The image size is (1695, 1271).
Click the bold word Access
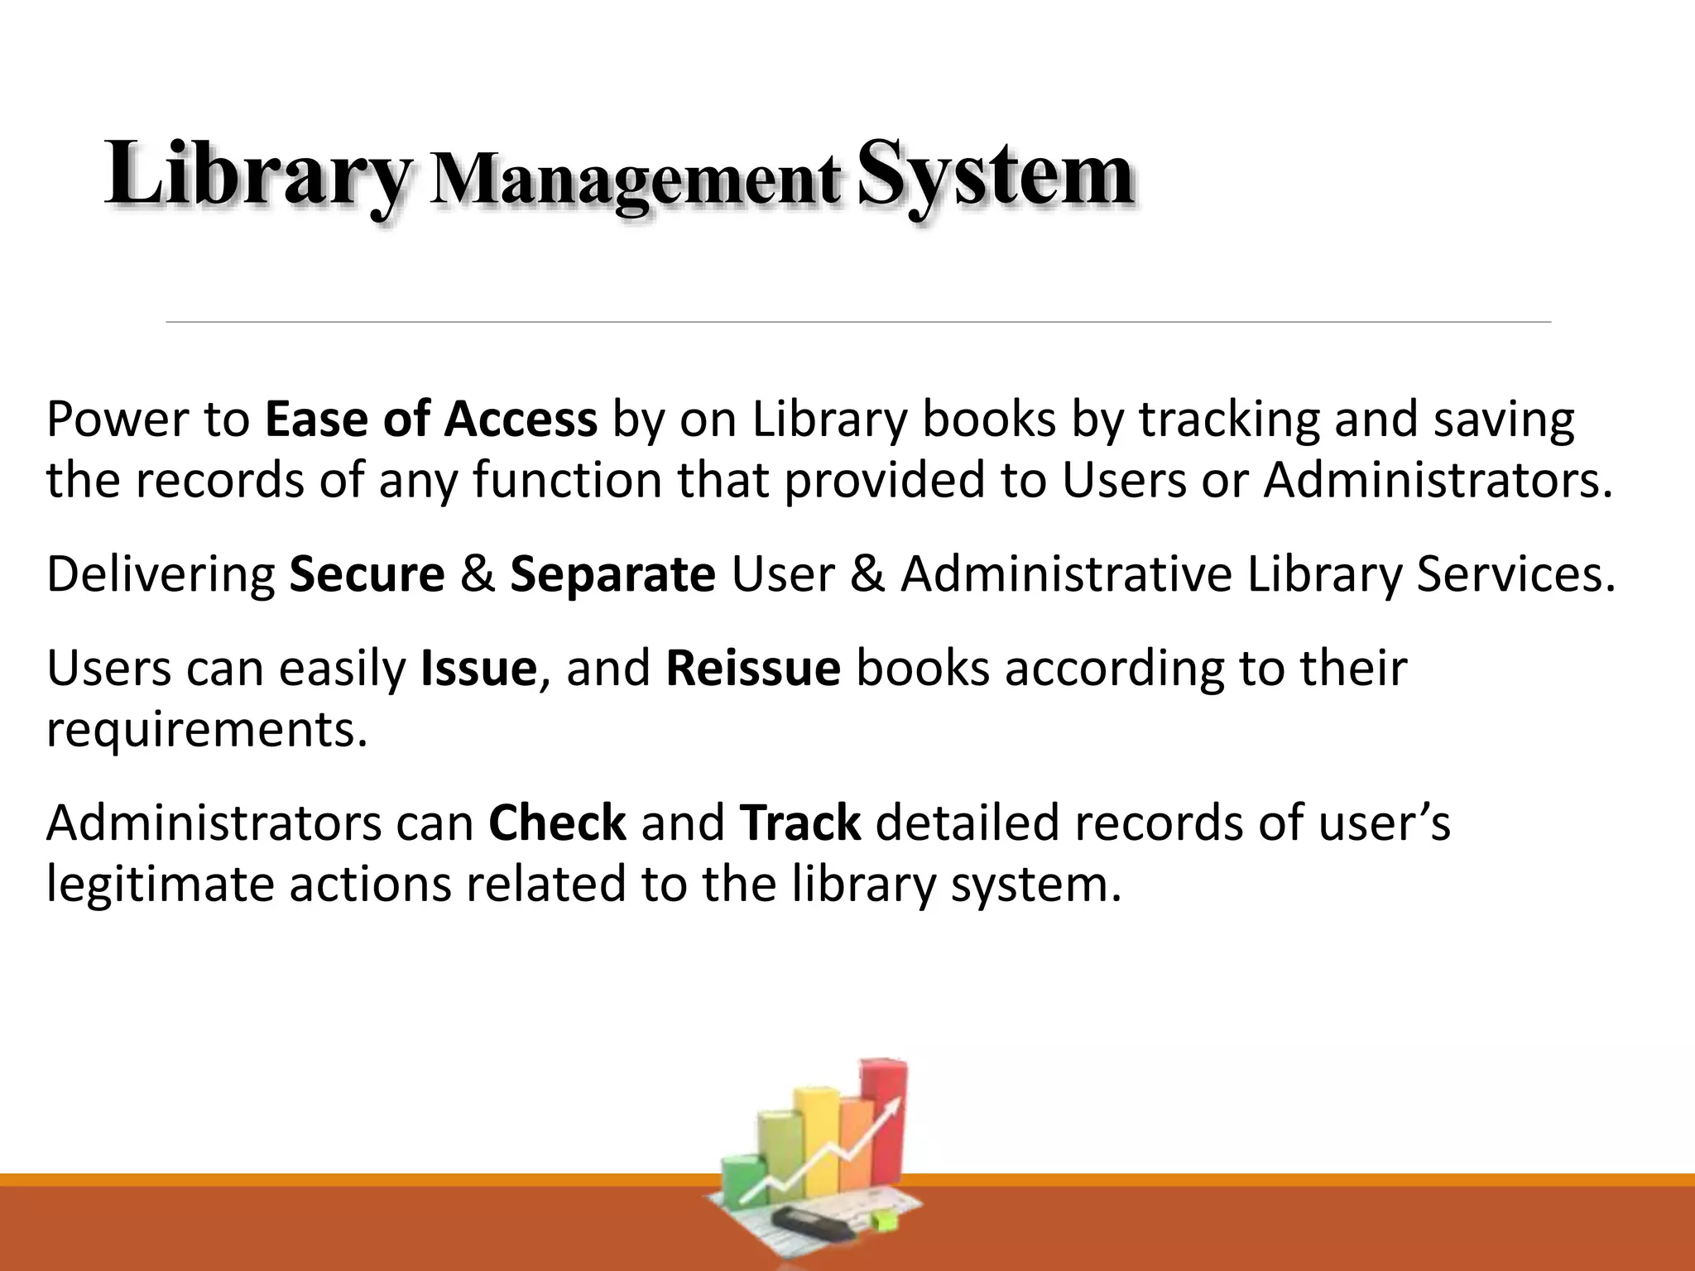pos(521,419)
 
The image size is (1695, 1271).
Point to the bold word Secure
pos(367,574)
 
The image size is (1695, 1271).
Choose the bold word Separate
pos(612,574)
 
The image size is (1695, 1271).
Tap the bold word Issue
pos(479,668)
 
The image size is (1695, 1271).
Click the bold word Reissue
pos(753,668)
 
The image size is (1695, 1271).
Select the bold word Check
pos(557,823)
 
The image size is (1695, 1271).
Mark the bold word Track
pos(800,823)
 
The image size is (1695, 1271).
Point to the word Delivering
pos(161,574)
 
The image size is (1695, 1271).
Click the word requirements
pos(206,730)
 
